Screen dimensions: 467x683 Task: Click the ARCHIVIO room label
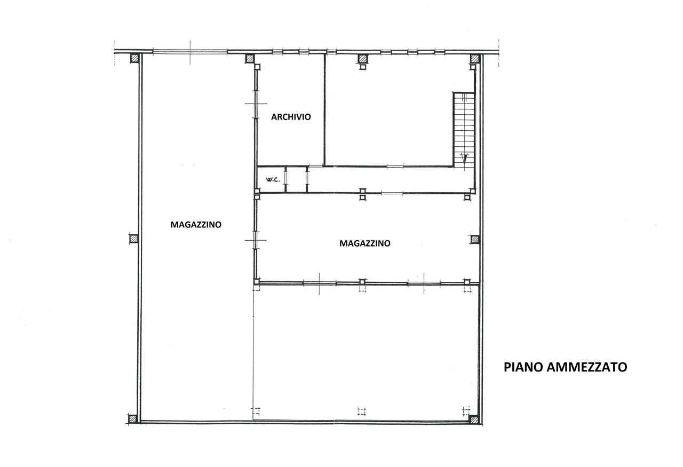pos(291,117)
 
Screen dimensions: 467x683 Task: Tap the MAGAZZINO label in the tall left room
pos(196,225)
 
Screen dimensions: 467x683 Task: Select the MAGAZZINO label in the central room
pos(365,243)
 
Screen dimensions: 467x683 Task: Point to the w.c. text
pos(271,180)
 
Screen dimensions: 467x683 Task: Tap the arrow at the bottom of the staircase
pos(464,158)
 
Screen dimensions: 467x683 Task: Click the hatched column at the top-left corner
pos(135,58)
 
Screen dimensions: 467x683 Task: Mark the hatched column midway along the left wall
pos(133,239)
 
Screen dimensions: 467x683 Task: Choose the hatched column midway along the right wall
pos(474,239)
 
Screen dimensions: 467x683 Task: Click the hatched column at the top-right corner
pos(473,58)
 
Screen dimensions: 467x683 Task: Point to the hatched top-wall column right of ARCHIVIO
pos(363,58)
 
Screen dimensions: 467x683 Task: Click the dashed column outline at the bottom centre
pos(362,410)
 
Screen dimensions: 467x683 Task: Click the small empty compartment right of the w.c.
pos(297,180)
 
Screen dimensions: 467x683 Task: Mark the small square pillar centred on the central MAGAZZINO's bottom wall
pos(362,282)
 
